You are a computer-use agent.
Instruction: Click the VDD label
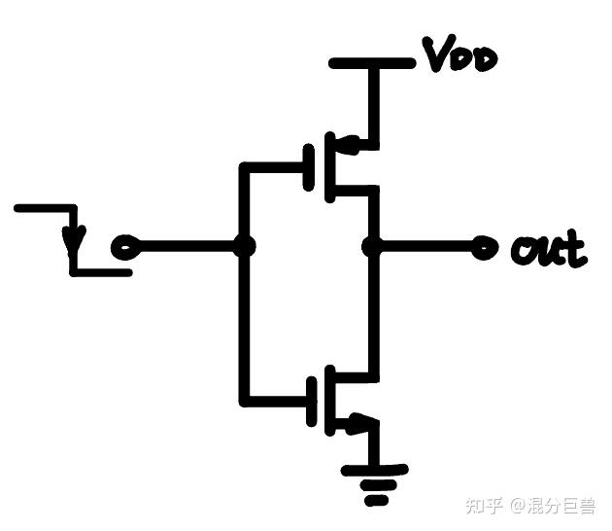(459, 56)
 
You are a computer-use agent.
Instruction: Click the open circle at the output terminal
(479, 248)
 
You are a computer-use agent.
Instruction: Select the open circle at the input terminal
(121, 248)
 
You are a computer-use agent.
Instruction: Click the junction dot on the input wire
(245, 247)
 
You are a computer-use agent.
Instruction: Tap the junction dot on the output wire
(371, 247)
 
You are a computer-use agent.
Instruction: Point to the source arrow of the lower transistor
(357, 422)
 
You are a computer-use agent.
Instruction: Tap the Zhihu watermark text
(530, 506)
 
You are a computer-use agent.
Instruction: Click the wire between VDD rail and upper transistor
(372, 102)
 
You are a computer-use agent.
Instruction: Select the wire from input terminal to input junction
(185, 248)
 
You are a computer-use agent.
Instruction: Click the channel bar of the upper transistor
(328, 166)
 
